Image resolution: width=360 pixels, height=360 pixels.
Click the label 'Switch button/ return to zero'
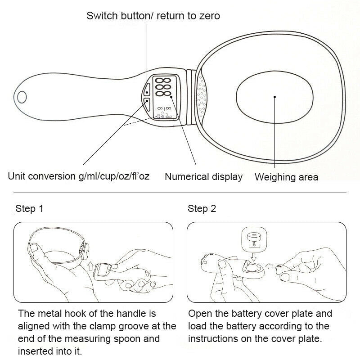point(153,16)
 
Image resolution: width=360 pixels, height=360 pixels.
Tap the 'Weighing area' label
point(286,177)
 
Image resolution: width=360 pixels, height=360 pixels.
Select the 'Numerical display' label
point(203,177)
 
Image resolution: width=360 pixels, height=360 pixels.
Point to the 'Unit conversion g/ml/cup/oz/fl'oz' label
point(79,176)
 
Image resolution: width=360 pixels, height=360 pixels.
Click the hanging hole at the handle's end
point(22,96)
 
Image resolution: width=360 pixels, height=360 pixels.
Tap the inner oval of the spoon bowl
point(274,96)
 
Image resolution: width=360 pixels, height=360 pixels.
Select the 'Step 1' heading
point(29,209)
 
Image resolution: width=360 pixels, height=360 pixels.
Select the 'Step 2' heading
point(202,209)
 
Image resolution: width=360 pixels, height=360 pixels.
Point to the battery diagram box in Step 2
point(255,239)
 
